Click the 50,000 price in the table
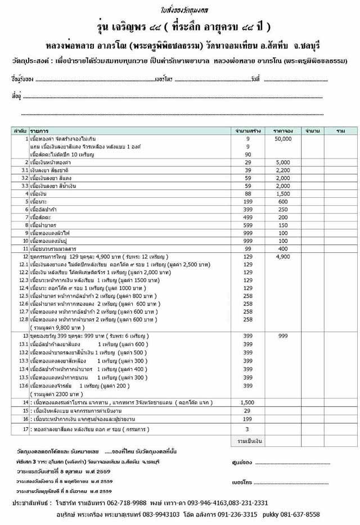point(283,138)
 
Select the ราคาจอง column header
point(283,130)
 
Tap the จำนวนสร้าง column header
point(247,130)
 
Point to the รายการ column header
point(39,130)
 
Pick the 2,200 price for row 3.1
point(283,170)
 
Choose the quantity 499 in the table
point(247,217)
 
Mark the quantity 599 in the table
point(247,225)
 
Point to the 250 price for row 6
point(283,209)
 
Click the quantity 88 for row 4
point(247,193)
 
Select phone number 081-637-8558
point(298,514)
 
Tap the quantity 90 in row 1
point(247,154)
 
